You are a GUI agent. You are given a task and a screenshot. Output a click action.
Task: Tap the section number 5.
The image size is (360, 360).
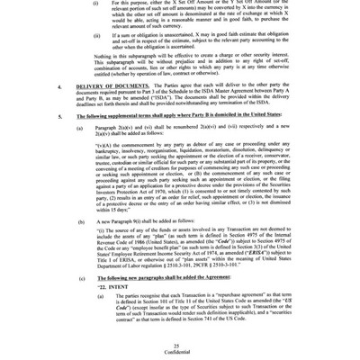click(58, 144)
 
